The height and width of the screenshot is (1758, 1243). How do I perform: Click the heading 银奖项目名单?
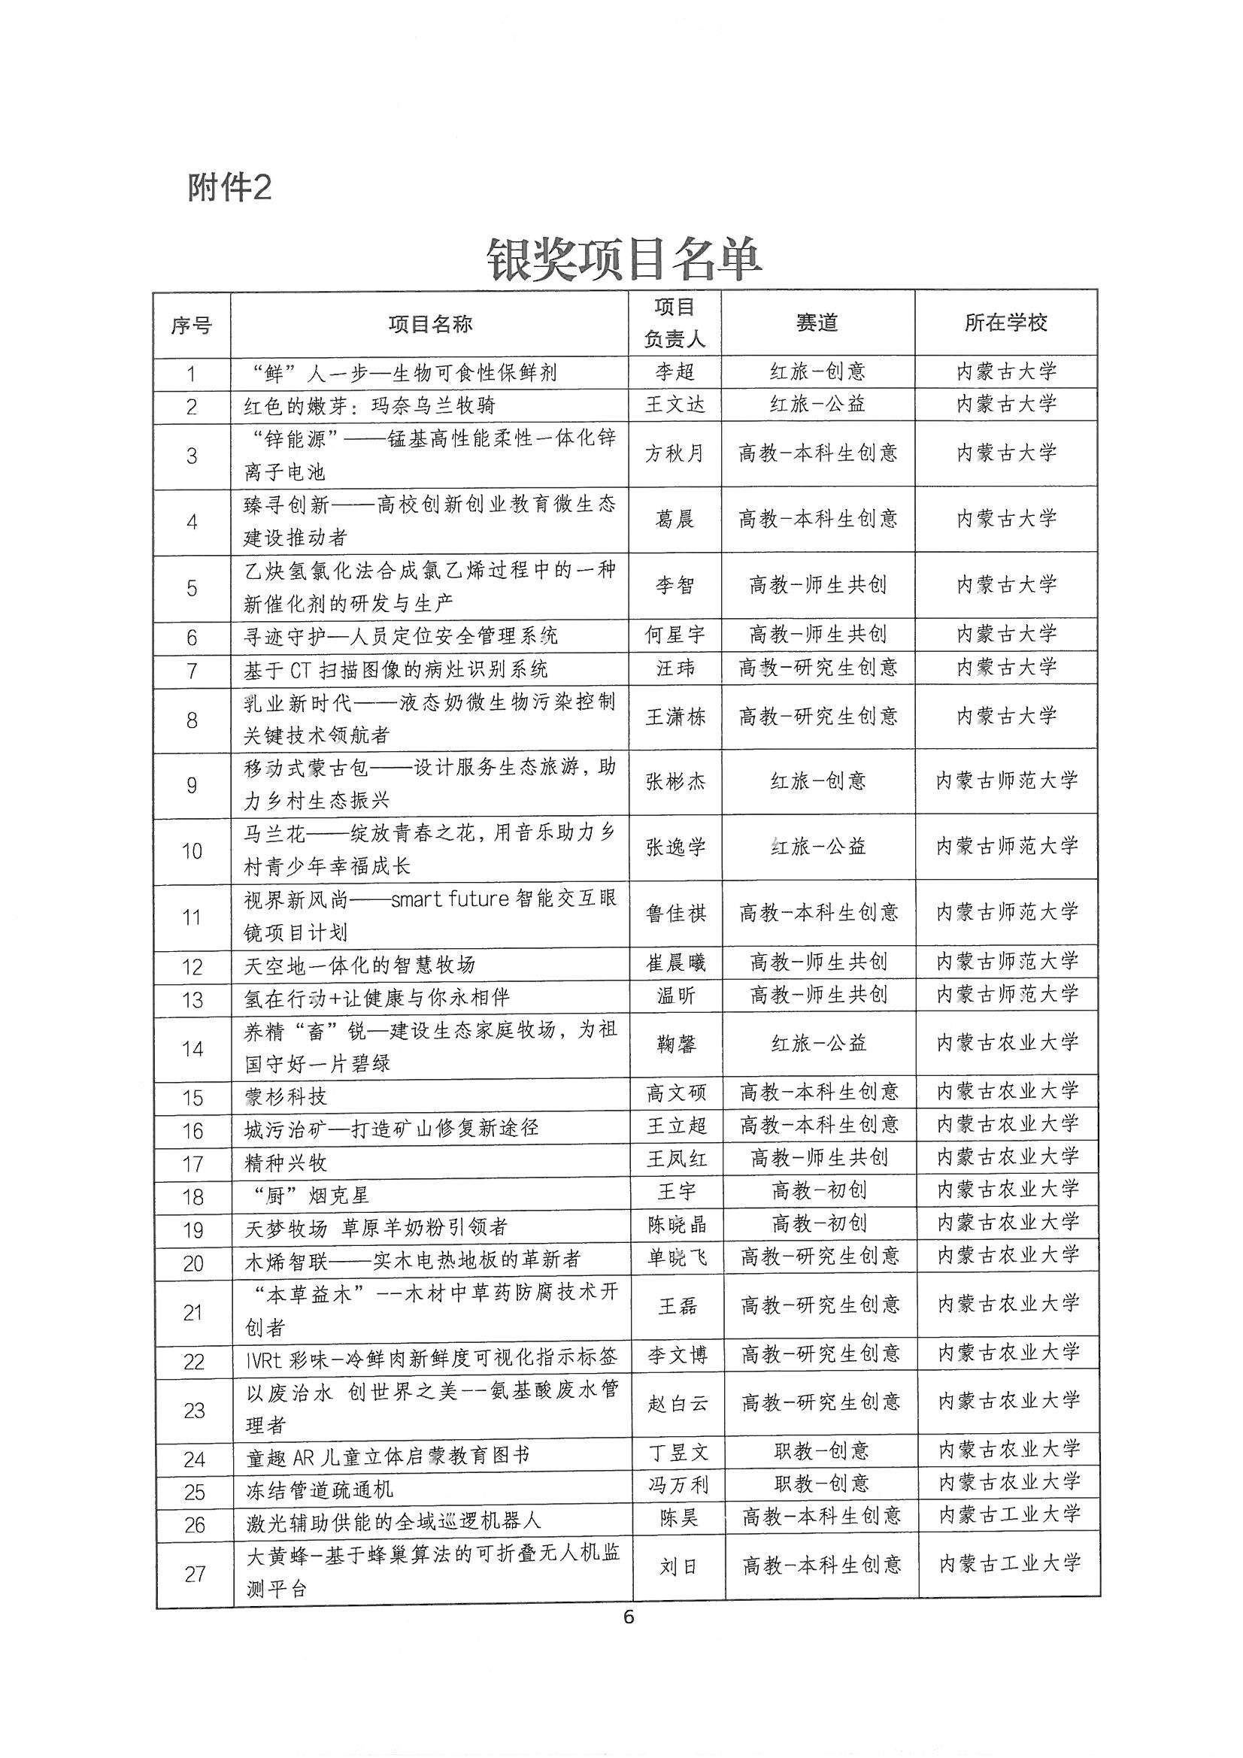(x=624, y=260)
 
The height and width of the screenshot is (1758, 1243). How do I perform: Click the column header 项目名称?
(x=429, y=325)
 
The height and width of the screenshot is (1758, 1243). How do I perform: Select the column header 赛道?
(x=817, y=323)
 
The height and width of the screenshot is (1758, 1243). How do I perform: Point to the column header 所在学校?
(x=1006, y=323)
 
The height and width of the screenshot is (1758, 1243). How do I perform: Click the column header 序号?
(x=192, y=326)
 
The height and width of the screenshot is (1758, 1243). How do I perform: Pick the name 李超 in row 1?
(x=675, y=372)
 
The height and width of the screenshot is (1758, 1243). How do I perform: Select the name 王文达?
(x=675, y=405)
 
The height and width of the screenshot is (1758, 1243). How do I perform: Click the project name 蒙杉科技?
(x=286, y=1097)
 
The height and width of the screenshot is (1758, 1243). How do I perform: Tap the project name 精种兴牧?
(x=286, y=1163)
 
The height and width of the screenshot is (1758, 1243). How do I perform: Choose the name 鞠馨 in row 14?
(x=676, y=1044)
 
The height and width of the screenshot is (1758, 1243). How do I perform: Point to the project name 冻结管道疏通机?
(x=320, y=1490)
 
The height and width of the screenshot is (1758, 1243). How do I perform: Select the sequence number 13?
(x=193, y=999)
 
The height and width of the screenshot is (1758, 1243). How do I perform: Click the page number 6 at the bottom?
(x=629, y=1617)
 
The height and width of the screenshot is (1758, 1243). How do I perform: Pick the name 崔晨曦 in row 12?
(x=676, y=963)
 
